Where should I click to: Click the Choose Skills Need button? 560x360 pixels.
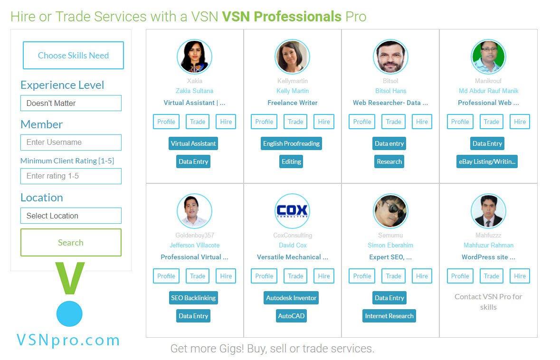73,56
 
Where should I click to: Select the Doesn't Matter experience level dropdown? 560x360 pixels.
71,103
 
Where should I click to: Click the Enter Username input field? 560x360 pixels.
71,142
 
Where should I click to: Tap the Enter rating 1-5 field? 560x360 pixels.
71,176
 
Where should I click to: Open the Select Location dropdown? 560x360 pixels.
71,216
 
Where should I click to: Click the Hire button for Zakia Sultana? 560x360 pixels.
226,122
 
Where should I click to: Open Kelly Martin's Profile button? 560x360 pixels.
264,122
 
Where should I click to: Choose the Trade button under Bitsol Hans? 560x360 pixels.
393,122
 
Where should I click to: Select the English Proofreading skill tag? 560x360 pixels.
291,143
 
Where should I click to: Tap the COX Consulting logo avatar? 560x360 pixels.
292,211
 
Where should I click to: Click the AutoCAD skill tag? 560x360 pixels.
291,316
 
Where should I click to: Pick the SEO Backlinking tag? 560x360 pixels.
193,298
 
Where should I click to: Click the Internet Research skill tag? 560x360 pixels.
389,316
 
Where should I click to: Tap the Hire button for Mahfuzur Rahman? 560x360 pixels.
520,276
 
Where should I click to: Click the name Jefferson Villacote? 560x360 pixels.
194,246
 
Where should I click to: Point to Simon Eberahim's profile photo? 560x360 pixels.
390,211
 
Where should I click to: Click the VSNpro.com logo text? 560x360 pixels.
68,340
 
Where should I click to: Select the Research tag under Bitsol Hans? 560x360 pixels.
389,161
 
